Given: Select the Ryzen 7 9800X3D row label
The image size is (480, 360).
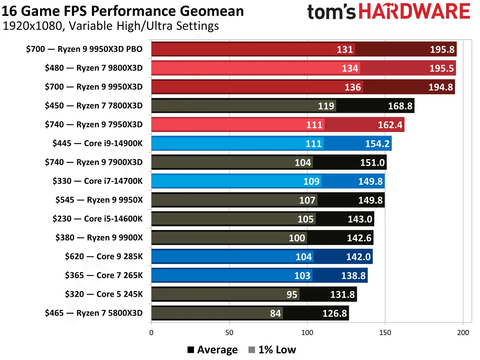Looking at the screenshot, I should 94,68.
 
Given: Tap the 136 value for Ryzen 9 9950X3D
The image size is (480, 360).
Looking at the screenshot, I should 352,87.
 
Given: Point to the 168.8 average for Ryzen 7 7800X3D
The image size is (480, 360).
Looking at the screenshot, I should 400,106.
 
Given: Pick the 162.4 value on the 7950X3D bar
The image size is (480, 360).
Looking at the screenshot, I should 390,125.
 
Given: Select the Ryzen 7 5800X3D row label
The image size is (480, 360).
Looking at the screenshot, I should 94,313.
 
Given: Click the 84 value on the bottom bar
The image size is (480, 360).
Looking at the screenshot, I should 275,313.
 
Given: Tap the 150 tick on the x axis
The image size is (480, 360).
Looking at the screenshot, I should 385,332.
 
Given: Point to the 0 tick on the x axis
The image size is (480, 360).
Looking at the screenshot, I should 151,332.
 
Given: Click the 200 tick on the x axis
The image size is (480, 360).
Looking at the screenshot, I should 463,332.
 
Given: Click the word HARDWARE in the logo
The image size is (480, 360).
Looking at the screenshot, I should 414,12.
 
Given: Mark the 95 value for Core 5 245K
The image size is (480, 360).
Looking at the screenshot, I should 292,294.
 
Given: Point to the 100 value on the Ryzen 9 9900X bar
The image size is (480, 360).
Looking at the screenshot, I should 297,238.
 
